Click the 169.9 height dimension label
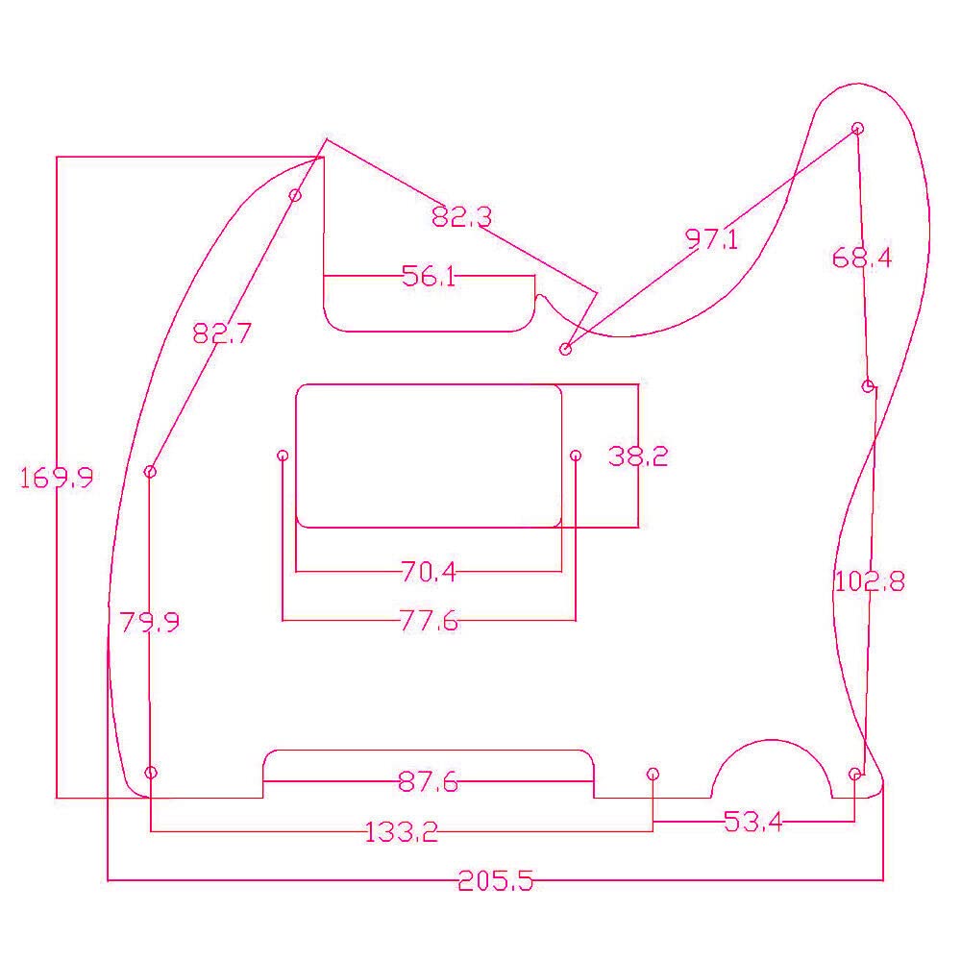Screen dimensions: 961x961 [x=57, y=478]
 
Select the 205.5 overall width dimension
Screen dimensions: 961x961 [x=496, y=881]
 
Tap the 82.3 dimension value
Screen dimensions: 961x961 [x=461, y=216]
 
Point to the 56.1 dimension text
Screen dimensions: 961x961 [x=429, y=276]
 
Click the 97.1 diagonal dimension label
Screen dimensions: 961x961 [x=711, y=239]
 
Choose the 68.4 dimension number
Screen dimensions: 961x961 [x=862, y=258]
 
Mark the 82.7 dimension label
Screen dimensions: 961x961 [x=222, y=333]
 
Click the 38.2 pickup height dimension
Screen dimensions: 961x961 [x=638, y=456]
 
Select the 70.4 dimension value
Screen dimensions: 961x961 [x=429, y=572]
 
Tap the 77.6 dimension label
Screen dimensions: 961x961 [x=429, y=621]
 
